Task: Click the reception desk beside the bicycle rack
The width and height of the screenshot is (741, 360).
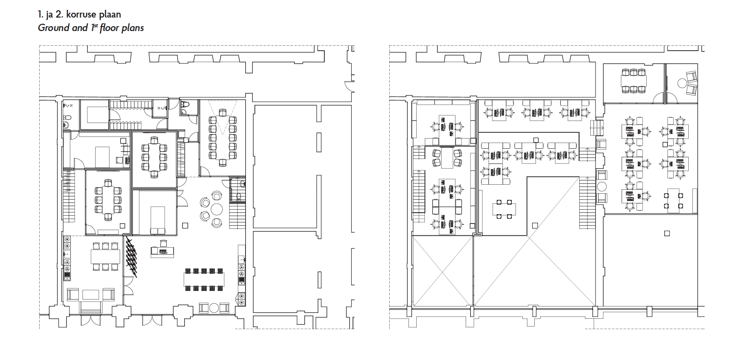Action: (163, 250)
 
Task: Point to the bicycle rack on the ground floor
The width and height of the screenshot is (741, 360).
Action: (131, 257)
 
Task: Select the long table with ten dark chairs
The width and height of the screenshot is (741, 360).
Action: (204, 280)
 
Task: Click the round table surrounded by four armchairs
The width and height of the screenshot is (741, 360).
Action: (216, 210)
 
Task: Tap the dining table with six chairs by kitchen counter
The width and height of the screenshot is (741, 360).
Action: (106, 256)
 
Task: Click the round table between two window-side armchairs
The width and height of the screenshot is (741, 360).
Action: (214, 307)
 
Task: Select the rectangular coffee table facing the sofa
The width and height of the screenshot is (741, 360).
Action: (91, 295)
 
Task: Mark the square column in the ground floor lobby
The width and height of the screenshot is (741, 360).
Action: (185, 225)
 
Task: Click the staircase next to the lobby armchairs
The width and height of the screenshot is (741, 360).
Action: (237, 216)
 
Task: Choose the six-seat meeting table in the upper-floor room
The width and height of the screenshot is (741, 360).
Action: (634, 80)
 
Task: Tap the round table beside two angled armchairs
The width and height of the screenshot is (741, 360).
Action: (682, 83)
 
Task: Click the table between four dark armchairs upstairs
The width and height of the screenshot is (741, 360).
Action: (447, 157)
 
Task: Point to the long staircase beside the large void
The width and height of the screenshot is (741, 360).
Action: (587, 203)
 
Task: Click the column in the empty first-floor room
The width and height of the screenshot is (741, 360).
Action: (667, 233)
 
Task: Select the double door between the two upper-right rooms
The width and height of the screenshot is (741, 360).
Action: (665, 98)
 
